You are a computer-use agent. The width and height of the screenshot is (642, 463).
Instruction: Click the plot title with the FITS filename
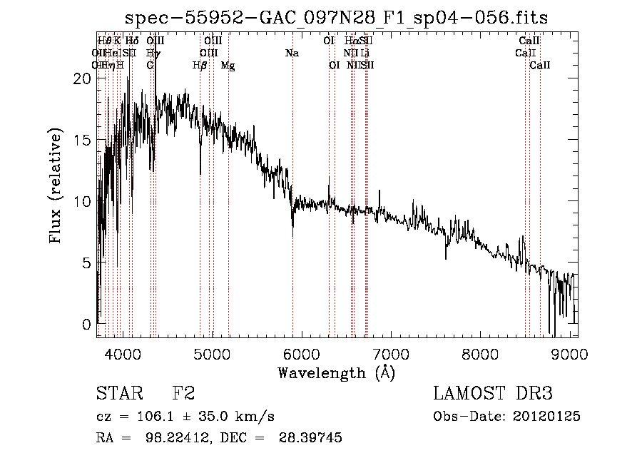coord(336,19)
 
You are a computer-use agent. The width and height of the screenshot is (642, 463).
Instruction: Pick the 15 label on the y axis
coord(82,141)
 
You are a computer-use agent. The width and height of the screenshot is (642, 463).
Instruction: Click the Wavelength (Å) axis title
coord(336,372)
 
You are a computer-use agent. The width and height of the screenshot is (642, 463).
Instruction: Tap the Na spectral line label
coord(291,54)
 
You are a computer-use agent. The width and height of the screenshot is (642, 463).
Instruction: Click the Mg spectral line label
coord(228,66)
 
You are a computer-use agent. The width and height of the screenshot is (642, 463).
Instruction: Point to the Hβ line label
coord(200,66)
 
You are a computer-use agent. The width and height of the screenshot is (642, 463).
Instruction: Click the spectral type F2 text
coord(184,394)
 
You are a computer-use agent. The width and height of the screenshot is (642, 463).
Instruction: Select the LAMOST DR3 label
coord(493,394)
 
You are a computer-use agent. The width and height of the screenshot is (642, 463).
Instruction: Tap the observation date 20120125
coord(546,416)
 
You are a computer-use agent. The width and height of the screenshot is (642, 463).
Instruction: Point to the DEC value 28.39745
coord(312,437)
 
